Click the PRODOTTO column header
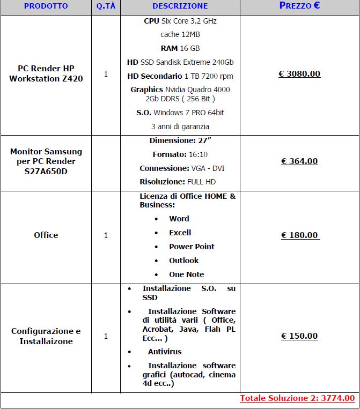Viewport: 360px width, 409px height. pyautogui.click(x=46, y=6)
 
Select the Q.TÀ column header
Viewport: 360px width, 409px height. pyautogui.click(x=105, y=6)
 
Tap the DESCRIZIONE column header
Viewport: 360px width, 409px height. pyautogui.click(x=180, y=6)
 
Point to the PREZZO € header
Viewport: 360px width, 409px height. pyautogui.click(x=299, y=6)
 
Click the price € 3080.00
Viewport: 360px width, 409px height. pyautogui.click(x=299, y=74)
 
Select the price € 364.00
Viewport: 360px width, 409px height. pyautogui.click(x=299, y=161)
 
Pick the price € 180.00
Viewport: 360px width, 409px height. pyautogui.click(x=299, y=235)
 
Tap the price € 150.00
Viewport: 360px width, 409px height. pyautogui.click(x=299, y=336)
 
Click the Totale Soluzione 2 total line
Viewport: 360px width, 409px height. pyautogui.click(x=297, y=398)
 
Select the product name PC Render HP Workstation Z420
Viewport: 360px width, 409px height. pyautogui.click(x=46, y=74)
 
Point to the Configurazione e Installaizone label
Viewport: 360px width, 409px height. pyautogui.click(x=46, y=336)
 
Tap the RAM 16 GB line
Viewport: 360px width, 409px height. pyautogui.click(x=180, y=48)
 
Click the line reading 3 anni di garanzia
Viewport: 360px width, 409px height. pyautogui.click(x=180, y=127)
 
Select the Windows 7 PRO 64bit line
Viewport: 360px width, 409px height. pyautogui.click(x=180, y=113)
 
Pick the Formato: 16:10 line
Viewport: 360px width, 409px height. pyautogui.click(x=180, y=154)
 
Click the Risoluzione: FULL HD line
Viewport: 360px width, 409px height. pyautogui.click(x=180, y=182)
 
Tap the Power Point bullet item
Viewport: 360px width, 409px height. pyautogui.click(x=192, y=247)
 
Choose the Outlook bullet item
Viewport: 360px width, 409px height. pyautogui.click(x=183, y=261)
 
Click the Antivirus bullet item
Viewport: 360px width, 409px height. pyautogui.click(x=165, y=352)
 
